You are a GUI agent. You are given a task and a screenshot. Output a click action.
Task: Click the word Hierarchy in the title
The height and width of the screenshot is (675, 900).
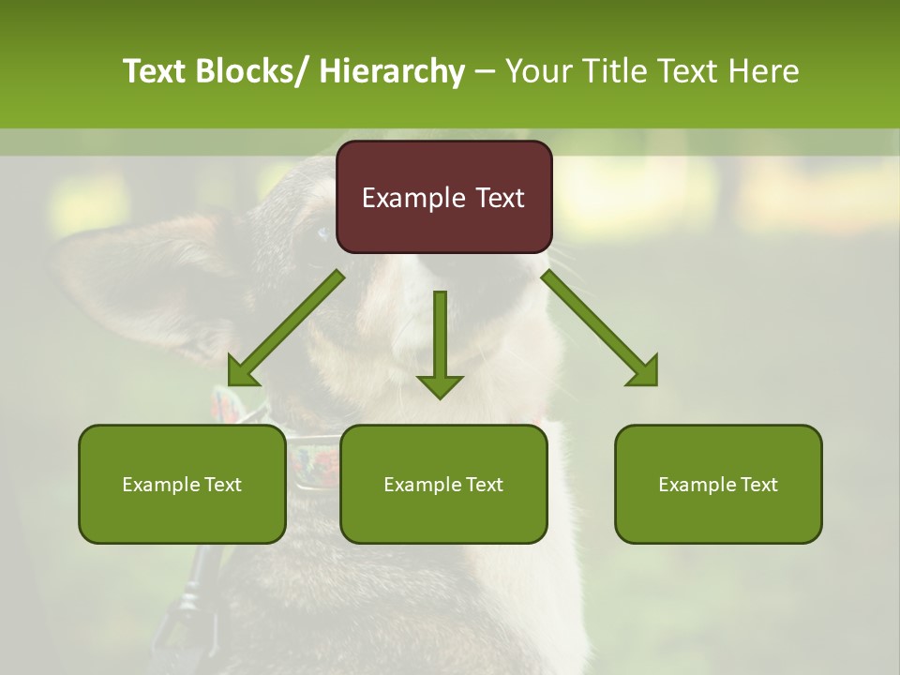[392, 72]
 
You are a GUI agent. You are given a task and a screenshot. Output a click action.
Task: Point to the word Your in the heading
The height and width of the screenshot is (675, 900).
[537, 71]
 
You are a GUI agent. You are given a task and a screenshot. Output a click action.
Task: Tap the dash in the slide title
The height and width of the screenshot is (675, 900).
[485, 73]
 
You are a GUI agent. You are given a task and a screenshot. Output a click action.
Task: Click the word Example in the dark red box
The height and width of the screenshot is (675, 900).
[407, 199]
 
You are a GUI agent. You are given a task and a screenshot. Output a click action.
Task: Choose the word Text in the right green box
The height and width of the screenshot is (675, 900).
[757, 485]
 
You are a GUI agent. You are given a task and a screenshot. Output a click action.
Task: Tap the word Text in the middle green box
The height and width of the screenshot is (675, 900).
[483, 485]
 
